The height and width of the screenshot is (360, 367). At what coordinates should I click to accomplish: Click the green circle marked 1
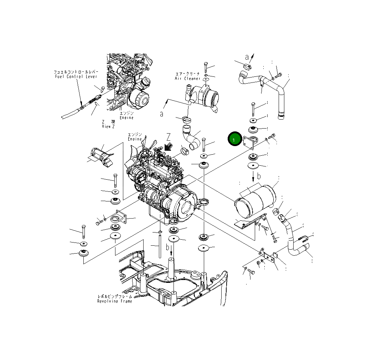[x=234, y=140]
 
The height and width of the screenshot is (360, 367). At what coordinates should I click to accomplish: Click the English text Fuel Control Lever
[x=76, y=76]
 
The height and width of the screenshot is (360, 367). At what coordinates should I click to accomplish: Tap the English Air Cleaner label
[x=187, y=78]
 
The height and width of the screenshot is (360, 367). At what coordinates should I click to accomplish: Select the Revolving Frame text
[x=115, y=301]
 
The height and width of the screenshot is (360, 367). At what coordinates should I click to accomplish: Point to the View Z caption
[x=108, y=126]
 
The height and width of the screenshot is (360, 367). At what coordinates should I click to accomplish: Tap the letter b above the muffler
[x=259, y=176]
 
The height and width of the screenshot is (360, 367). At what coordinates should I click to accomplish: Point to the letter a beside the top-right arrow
[x=247, y=57]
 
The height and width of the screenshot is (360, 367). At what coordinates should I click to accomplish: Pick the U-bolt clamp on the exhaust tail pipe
[x=303, y=238]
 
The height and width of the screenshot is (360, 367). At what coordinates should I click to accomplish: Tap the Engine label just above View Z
[x=126, y=116]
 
